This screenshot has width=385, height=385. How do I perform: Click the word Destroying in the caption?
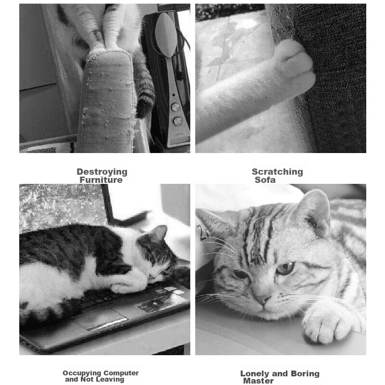click(102, 172)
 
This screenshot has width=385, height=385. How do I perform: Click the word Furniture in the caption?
click(101, 180)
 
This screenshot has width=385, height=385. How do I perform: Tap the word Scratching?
click(277, 172)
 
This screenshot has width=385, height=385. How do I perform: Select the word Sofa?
click(265, 180)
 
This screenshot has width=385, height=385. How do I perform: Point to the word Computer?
click(119, 373)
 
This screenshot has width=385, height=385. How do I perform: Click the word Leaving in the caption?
click(110, 379)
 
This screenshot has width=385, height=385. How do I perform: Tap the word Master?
click(258, 381)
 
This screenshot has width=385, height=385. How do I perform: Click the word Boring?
click(305, 373)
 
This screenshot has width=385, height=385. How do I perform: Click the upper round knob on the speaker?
click(175, 107)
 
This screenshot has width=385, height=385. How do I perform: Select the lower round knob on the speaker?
click(178, 121)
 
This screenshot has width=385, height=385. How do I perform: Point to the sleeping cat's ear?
click(159, 233)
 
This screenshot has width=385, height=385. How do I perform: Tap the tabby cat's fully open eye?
click(285, 269)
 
